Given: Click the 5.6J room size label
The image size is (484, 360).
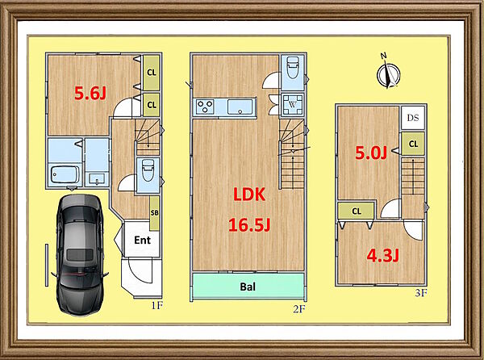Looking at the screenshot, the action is [x=90, y=94].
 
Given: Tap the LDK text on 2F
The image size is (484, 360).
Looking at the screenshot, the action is [x=249, y=195].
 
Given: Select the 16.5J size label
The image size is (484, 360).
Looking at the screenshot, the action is [x=249, y=224].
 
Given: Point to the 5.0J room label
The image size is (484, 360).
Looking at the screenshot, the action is [x=371, y=153].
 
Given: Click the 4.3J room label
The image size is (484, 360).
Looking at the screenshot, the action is [x=382, y=256].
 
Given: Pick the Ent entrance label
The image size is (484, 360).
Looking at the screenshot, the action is [x=142, y=240].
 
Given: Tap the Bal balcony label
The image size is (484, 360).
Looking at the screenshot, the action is [x=248, y=287].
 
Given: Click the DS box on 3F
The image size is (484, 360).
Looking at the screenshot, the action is [x=413, y=118].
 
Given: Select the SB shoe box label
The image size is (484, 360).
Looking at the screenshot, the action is [x=154, y=213].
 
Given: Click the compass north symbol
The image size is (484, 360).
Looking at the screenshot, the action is [x=388, y=73].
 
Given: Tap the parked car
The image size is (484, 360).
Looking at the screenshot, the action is [x=79, y=254].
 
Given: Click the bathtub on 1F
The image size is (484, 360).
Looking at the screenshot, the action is [x=65, y=175].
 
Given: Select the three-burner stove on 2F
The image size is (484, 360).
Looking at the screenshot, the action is [x=205, y=107].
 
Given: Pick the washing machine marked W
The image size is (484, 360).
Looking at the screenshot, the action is [x=292, y=104].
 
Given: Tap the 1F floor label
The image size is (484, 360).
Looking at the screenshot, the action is [x=156, y=306].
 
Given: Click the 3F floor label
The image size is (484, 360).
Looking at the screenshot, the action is [x=421, y=292].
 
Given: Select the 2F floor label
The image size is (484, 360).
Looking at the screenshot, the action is [x=299, y=309].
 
